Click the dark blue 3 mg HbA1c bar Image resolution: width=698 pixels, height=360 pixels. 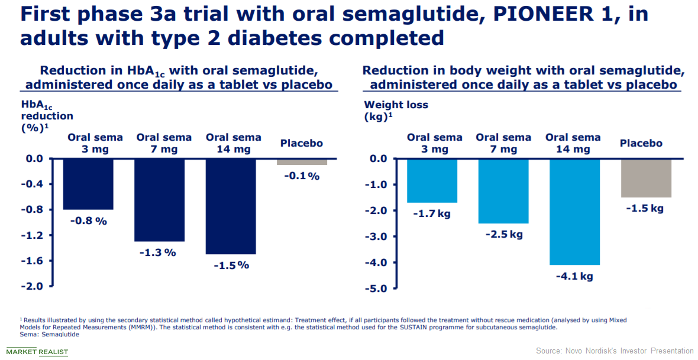pyautogui.click(x=88, y=184)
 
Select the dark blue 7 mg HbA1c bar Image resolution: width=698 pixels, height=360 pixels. pyautogui.click(x=159, y=200)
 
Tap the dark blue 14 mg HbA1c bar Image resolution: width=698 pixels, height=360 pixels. pyautogui.click(x=231, y=206)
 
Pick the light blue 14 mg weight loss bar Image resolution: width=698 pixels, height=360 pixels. pyautogui.click(x=575, y=212)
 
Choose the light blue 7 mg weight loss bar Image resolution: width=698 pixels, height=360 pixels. pyautogui.click(x=503, y=192)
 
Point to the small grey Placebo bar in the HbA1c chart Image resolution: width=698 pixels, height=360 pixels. pyautogui.click(x=302, y=162)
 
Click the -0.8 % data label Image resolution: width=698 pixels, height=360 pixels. pyautogui.click(x=89, y=220)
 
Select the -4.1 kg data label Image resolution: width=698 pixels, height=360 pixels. pyautogui.click(x=574, y=276)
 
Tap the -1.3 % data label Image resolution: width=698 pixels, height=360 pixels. pyautogui.click(x=157, y=253)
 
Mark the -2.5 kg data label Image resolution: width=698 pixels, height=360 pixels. pyautogui.click(x=504, y=235)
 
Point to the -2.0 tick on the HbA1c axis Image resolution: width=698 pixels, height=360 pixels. pyautogui.click(x=32, y=286)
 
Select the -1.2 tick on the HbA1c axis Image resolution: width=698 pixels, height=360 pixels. pyautogui.click(x=32, y=235)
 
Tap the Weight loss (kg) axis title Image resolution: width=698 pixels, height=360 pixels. pyautogui.click(x=396, y=111)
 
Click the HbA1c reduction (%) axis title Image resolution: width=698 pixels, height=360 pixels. pyautogui.click(x=47, y=116)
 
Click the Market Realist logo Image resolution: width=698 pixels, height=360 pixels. pyautogui.click(x=37, y=352)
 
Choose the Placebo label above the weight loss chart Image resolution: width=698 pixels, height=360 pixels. pyautogui.click(x=641, y=143)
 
